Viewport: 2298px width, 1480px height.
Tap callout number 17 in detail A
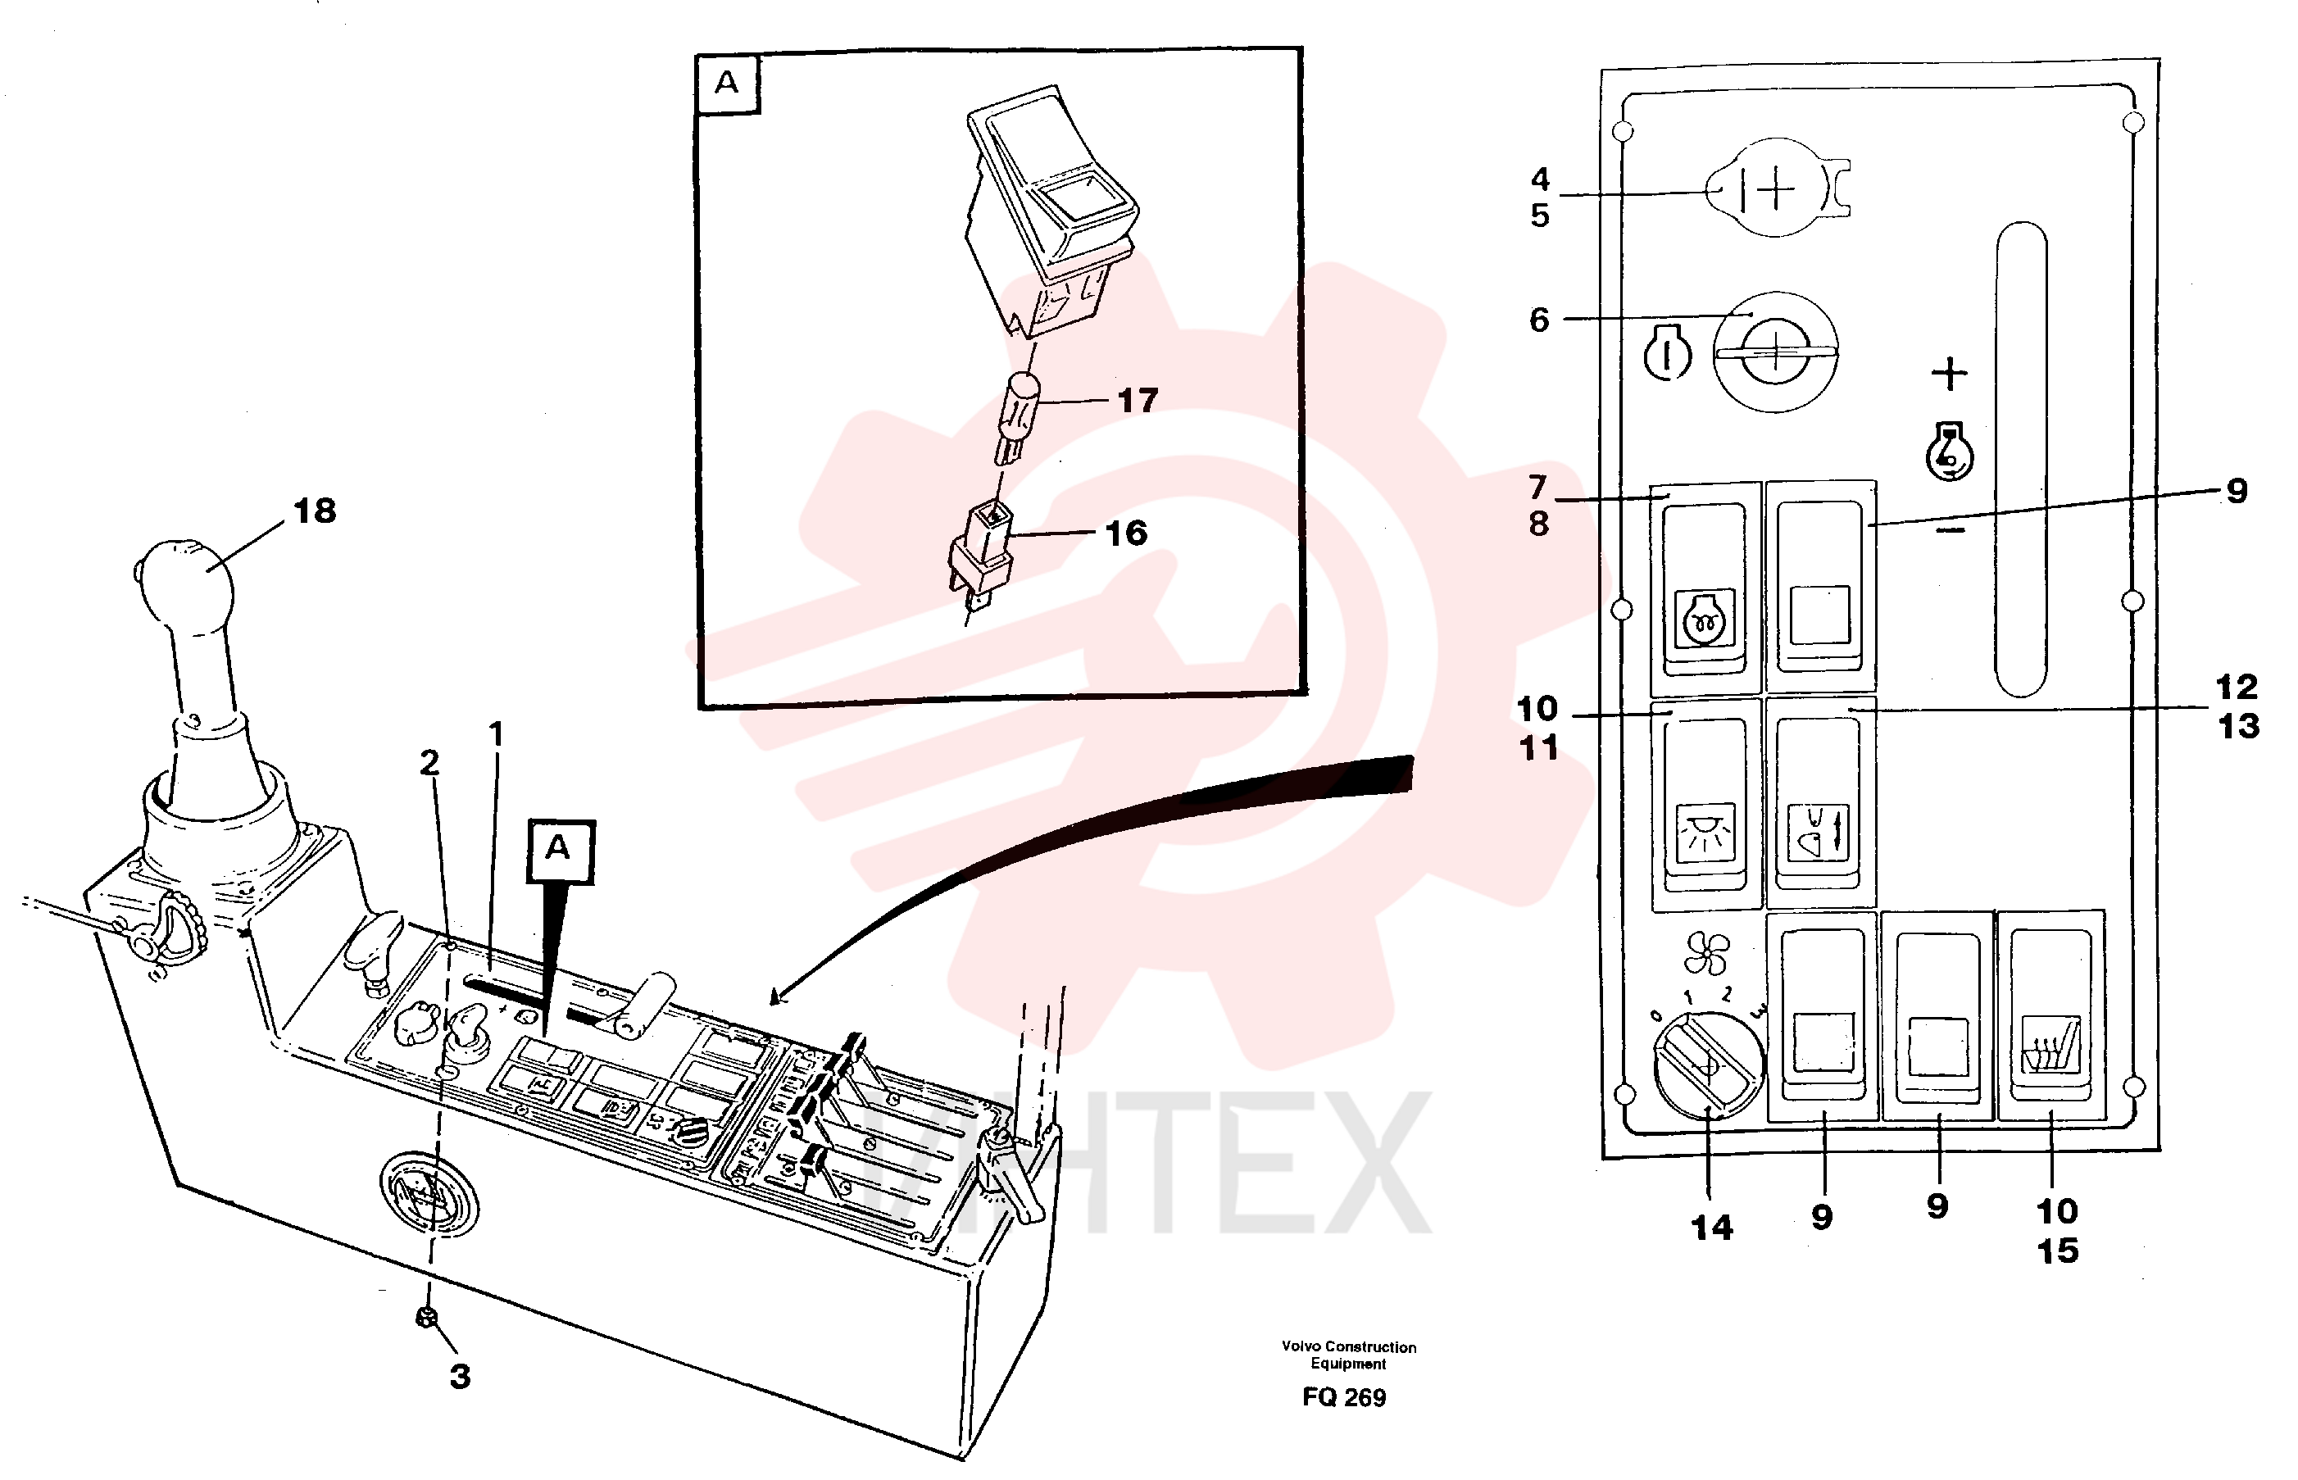pyautogui.click(x=1138, y=401)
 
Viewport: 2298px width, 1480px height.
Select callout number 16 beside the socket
pyautogui.click(x=1125, y=533)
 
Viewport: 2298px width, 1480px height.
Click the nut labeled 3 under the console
pyautogui.click(x=427, y=1317)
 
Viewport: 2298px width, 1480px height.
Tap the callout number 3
pyautogui.click(x=461, y=1376)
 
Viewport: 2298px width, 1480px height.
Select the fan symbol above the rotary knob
pyautogui.click(x=1706, y=955)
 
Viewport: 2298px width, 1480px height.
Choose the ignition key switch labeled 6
pyautogui.click(x=1776, y=352)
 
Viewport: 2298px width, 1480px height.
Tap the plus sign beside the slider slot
pyautogui.click(x=1949, y=373)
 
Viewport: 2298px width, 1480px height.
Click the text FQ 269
pyautogui.click(x=1343, y=1397)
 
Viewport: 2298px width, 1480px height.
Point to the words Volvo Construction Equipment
pyautogui.click(x=1348, y=1355)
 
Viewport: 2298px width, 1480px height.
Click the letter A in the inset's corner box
pyautogui.click(x=728, y=83)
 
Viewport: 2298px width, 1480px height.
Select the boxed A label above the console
pyautogui.click(x=561, y=851)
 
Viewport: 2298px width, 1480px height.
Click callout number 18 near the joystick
pyautogui.click(x=316, y=511)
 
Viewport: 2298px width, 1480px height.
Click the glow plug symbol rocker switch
pyautogui.click(x=1705, y=588)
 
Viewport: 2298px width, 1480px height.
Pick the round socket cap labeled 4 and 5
pyautogui.click(x=1776, y=188)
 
